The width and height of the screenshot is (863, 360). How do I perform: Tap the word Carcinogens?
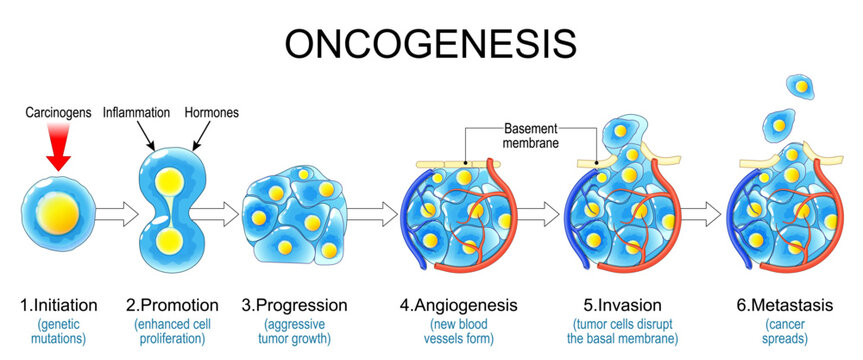click(x=57, y=115)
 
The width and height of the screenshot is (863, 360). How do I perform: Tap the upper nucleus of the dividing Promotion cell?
click(x=172, y=182)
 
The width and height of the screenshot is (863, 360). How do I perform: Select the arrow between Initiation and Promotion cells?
click(x=117, y=212)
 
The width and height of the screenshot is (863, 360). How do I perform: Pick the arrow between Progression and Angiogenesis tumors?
click(x=372, y=213)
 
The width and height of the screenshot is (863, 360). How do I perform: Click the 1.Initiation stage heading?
click(x=58, y=305)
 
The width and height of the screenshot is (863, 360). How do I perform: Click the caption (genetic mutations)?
click(x=58, y=332)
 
